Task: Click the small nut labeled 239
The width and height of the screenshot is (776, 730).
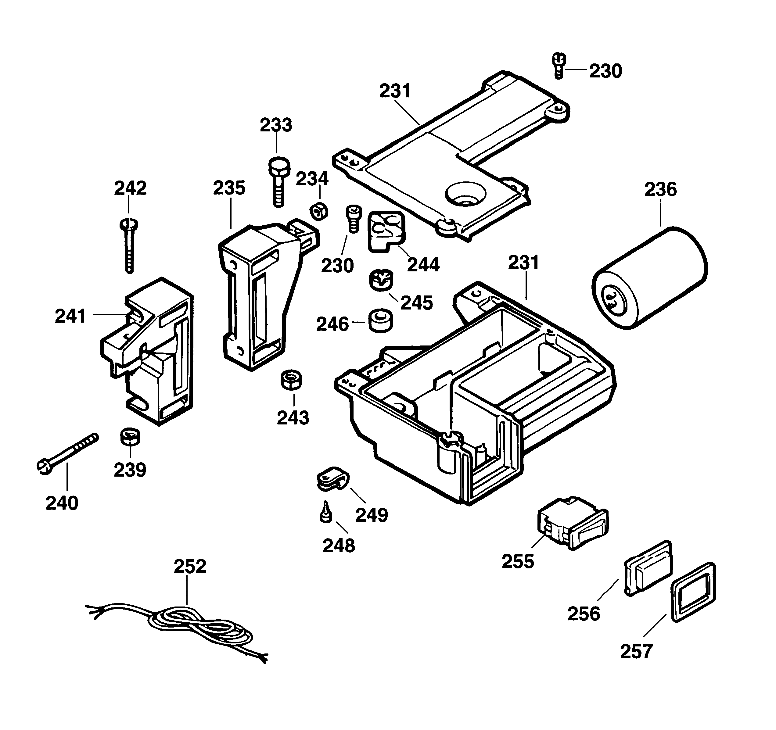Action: pos(130,437)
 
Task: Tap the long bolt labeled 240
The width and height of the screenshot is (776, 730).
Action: pos(67,453)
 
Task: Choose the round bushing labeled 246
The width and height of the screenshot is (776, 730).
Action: pos(381,321)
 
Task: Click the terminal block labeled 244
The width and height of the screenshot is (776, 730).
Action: pos(386,231)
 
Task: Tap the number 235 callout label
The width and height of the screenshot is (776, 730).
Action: pos(229,188)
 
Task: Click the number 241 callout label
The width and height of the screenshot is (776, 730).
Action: pos(70,316)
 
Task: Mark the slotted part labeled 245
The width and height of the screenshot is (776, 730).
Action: pos(381,279)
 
